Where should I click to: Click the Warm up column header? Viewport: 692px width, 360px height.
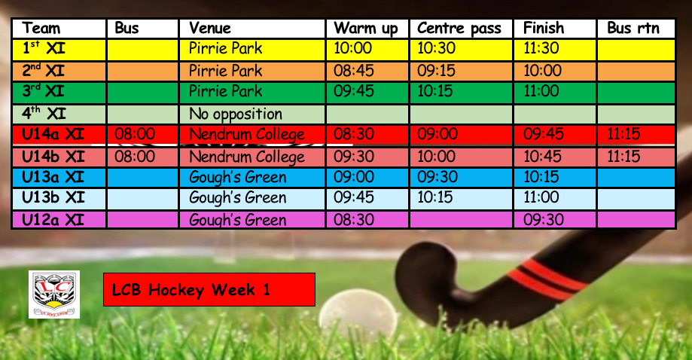tap(366, 28)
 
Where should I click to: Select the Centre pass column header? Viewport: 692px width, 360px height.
tap(459, 28)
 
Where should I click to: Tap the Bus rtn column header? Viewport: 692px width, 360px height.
tap(633, 28)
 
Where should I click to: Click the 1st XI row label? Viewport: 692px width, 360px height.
tap(44, 47)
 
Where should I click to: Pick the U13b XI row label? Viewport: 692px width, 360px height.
tap(53, 197)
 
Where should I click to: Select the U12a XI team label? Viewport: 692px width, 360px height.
tap(53, 219)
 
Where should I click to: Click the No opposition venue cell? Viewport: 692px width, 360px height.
tap(236, 114)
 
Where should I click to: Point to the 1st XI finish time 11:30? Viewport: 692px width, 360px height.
tap(541, 47)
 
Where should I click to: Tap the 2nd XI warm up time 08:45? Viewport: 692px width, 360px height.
tap(353, 71)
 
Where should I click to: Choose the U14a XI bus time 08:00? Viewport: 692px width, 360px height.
tap(135, 133)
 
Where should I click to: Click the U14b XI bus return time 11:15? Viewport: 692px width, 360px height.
tap(623, 156)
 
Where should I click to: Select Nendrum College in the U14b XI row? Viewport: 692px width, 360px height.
tap(247, 157)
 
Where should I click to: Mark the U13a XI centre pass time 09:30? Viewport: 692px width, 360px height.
tap(437, 177)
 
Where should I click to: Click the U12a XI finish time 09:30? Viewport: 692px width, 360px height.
tap(543, 219)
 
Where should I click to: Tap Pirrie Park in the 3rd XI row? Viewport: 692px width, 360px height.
tap(225, 91)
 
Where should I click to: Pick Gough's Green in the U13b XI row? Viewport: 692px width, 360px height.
tap(237, 197)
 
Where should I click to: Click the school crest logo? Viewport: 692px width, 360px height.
tap(54, 294)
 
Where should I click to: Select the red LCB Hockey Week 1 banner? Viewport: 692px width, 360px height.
tap(209, 289)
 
